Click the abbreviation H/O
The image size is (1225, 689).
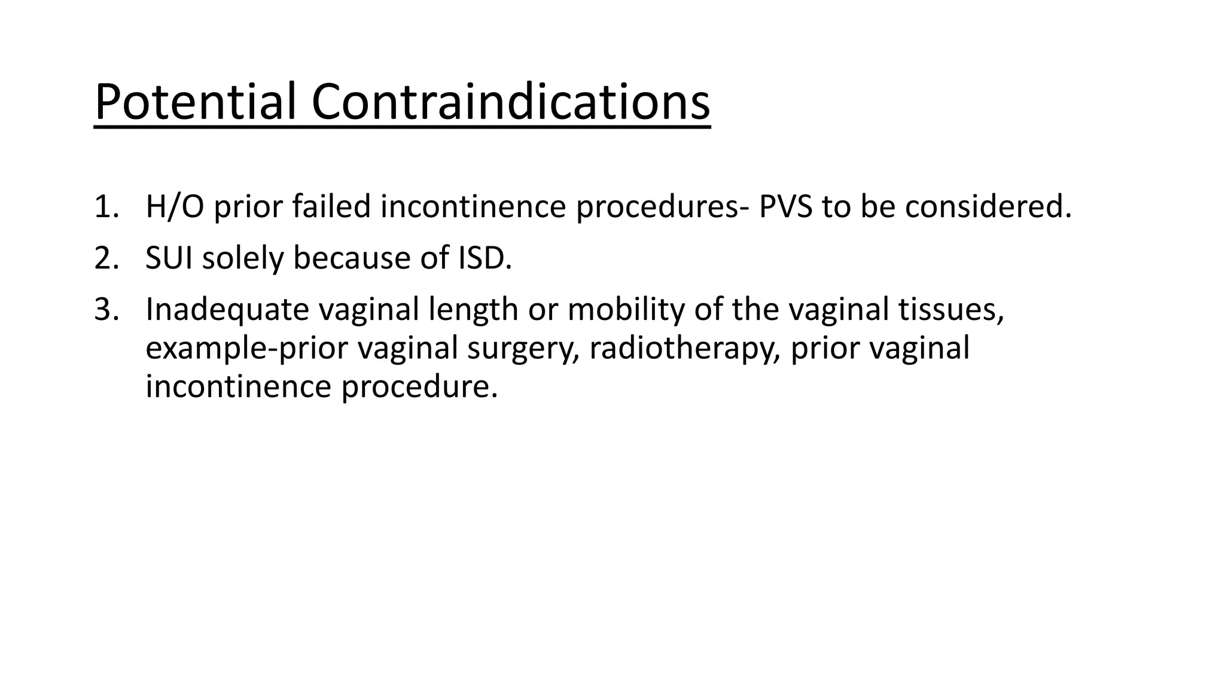(x=174, y=207)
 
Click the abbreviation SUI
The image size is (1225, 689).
(x=169, y=258)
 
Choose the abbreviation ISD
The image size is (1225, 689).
(x=484, y=258)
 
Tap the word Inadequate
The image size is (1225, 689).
(x=227, y=310)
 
